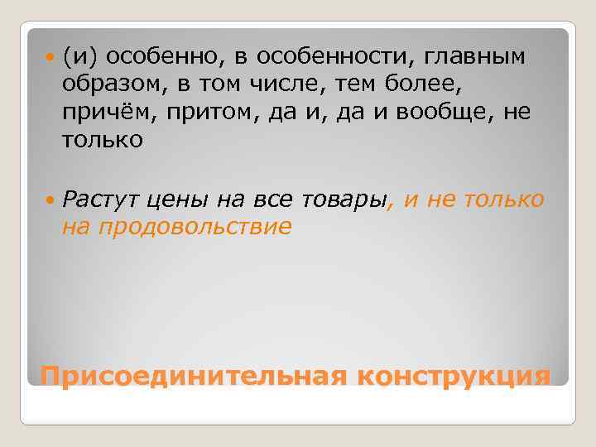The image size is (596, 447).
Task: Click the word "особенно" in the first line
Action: tap(152, 56)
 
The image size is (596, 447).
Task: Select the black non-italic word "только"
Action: tap(102, 141)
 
